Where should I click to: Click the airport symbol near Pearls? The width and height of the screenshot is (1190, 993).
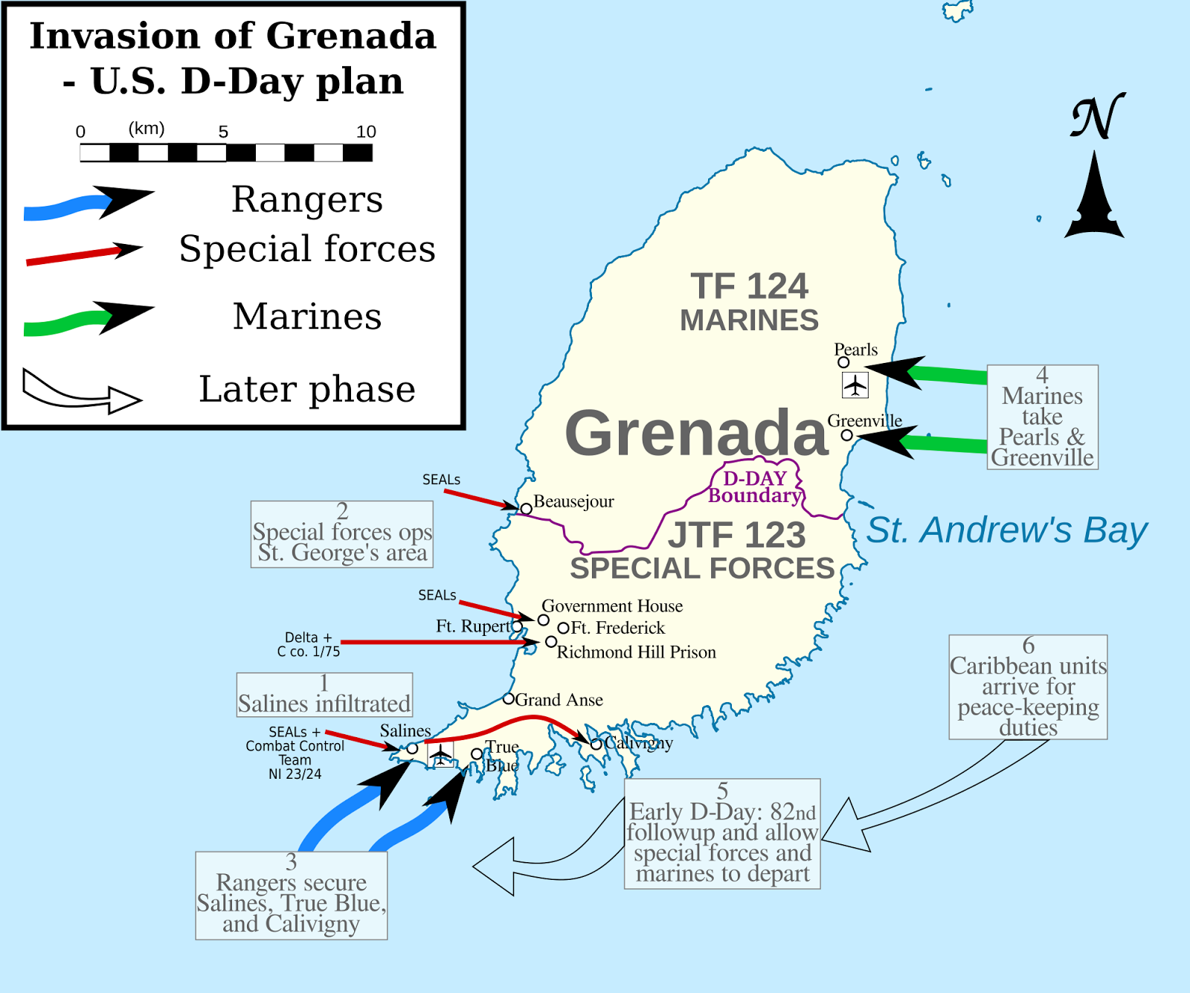click(855, 385)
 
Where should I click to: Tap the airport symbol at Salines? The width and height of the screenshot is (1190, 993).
click(441, 755)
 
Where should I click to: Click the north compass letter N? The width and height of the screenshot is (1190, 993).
click(1096, 117)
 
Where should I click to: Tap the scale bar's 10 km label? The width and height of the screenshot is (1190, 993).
click(366, 132)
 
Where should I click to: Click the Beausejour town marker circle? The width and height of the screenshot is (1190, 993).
click(526, 509)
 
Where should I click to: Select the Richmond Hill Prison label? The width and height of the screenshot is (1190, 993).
click(636, 652)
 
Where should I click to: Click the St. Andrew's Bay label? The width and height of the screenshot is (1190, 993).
click(1006, 530)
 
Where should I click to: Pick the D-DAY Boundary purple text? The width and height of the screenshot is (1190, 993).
click(755, 487)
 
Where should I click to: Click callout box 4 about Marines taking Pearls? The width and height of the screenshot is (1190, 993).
click(1042, 417)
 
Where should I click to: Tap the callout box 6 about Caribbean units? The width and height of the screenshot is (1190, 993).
click(1028, 687)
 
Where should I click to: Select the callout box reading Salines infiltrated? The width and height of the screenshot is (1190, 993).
click(324, 695)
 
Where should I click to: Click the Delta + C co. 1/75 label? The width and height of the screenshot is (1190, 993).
click(308, 644)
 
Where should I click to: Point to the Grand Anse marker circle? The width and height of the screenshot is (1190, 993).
click(509, 698)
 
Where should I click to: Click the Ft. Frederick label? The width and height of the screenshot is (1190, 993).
click(617, 628)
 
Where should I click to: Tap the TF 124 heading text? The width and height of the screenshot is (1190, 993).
click(749, 286)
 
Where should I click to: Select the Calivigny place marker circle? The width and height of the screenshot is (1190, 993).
click(596, 744)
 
